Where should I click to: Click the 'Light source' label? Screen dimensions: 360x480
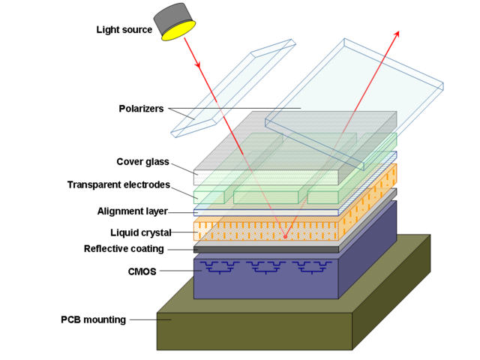coord(124,30)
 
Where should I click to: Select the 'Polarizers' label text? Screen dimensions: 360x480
coord(141,109)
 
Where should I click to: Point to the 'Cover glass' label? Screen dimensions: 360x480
coord(142,162)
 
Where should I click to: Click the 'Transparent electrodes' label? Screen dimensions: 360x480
coord(118,185)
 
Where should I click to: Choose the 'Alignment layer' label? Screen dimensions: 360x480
coord(132,211)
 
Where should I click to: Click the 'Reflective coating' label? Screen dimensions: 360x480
coord(124,249)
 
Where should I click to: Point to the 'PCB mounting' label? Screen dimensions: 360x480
coord(93,320)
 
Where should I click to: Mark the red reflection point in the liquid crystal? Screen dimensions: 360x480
coord(284,237)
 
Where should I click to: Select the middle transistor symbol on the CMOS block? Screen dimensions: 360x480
coord(266,266)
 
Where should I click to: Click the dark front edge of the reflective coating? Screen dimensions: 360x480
coord(266,250)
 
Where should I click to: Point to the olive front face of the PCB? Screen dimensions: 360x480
coord(255,330)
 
